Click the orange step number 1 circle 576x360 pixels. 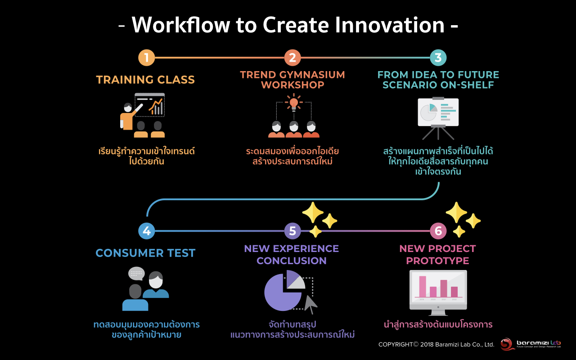click(x=147, y=58)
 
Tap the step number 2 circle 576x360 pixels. click(x=292, y=58)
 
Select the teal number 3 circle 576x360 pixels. click(x=438, y=58)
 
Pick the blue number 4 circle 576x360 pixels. click(x=147, y=231)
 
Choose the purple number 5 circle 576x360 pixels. click(x=292, y=231)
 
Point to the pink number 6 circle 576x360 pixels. click(x=438, y=231)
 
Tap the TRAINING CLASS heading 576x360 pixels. click(x=145, y=80)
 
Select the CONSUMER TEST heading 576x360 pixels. click(x=145, y=253)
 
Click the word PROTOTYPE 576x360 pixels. click(x=438, y=261)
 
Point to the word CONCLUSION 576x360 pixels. click(x=292, y=261)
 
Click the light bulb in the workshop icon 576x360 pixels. click(x=294, y=103)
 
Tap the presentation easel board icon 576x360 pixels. click(x=438, y=118)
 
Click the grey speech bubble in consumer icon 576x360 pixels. click(x=136, y=273)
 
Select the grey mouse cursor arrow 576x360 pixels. click(x=310, y=304)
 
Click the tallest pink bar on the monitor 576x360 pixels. click(x=423, y=287)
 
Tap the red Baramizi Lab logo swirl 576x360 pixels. click(x=507, y=344)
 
